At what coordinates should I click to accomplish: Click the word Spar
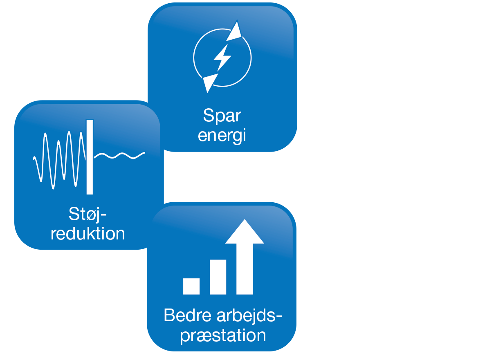coord(222,116)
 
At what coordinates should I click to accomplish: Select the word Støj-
coord(90,214)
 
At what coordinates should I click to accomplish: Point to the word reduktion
coord(88,233)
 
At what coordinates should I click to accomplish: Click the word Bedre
coord(186,316)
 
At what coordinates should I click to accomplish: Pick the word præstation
coord(223,336)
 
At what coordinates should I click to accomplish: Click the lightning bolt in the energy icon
coord(222,58)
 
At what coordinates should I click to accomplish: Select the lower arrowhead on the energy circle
coord(209,83)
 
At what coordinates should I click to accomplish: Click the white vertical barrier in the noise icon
coord(90,157)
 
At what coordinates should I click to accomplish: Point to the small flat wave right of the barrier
coord(119,155)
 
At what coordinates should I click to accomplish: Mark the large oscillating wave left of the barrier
coord(59,159)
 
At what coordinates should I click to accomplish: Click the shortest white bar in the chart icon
coord(191,286)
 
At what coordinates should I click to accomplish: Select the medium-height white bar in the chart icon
coord(218,277)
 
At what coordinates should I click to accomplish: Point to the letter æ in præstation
coord(203,337)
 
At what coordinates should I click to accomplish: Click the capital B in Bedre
coord(169,316)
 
